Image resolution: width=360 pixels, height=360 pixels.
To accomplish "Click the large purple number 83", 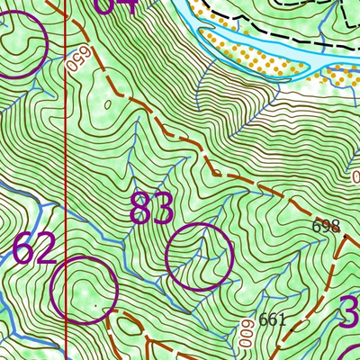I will click(151, 209).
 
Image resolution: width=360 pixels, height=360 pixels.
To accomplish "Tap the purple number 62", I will click(34, 248).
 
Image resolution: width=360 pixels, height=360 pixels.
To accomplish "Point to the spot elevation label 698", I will click(326, 226).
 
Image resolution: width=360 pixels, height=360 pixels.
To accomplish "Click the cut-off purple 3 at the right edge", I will click(350, 315).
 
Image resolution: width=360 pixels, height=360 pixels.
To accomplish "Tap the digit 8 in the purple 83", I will click(140, 209).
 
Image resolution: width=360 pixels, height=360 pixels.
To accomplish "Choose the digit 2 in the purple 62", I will click(45, 248).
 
